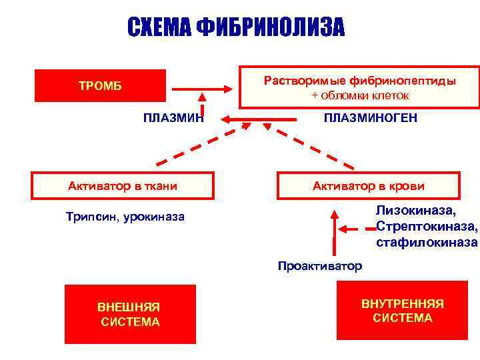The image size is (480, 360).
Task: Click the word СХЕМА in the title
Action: pos(158,27)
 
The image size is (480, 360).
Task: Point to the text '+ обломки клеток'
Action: pos(360,95)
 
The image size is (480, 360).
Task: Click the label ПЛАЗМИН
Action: pos(173,118)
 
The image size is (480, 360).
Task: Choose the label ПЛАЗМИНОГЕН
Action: pos(371,118)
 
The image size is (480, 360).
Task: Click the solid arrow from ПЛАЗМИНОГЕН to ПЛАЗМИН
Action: pos(260,119)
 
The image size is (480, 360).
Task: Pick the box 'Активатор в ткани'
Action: pos(123,186)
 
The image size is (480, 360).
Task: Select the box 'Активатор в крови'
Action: pos(368,186)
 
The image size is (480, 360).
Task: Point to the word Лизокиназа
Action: pos(416,211)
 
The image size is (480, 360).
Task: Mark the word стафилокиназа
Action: pos(427,242)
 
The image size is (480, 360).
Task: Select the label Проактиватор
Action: pos(319,266)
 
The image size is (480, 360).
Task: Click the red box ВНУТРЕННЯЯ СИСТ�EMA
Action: pos(402,311)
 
